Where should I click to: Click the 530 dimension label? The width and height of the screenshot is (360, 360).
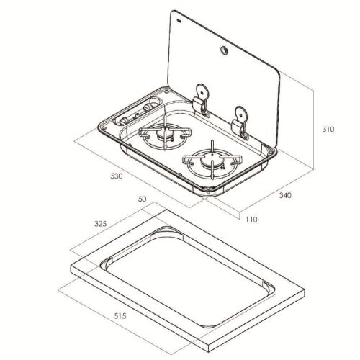click(117, 176)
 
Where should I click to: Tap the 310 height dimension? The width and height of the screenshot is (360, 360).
click(328, 130)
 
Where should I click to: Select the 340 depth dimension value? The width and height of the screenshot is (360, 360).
click(285, 195)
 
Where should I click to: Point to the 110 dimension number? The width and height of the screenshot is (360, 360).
click(251, 220)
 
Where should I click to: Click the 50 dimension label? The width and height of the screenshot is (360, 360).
click(142, 199)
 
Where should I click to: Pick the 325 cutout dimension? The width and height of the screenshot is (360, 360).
click(100, 224)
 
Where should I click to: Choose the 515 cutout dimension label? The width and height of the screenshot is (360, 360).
click(120, 315)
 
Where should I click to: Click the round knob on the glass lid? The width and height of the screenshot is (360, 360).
click(224, 50)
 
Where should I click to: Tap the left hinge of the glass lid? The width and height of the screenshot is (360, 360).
click(201, 100)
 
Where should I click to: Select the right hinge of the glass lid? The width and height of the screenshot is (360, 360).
click(240, 123)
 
